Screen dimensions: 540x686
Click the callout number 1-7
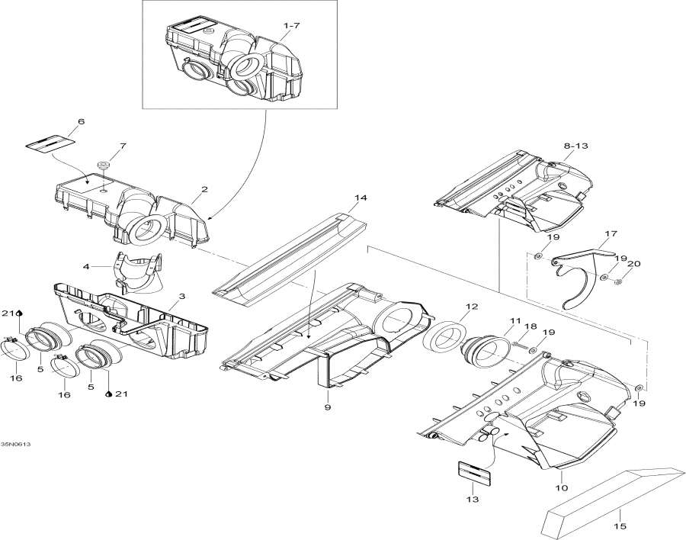(291, 27)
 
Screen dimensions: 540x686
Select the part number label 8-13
(576, 144)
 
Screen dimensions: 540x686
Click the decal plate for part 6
(53, 142)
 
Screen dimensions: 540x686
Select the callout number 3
(181, 295)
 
